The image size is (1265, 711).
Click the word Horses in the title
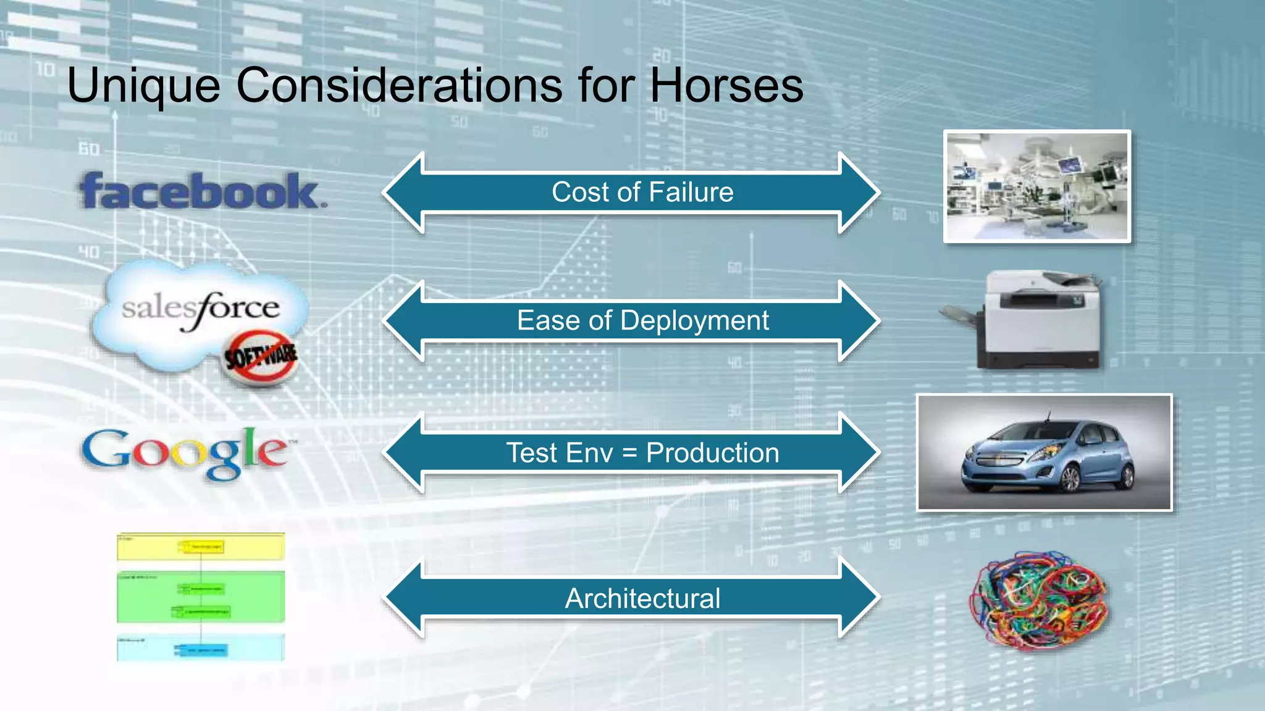tap(726, 85)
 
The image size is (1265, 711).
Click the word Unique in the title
tap(143, 86)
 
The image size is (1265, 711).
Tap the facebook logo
tap(201, 191)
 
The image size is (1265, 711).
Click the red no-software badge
tap(261, 357)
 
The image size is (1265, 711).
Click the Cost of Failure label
tap(642, 192)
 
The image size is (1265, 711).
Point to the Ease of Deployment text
tap(642, 320)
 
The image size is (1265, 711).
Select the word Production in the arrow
tap(712, 453)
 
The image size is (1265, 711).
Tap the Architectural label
tap(642, 598)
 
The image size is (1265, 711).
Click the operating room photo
tap(1037, 186)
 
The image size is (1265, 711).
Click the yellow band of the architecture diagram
tap(201, 547)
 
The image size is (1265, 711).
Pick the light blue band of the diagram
tap(201, 648)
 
